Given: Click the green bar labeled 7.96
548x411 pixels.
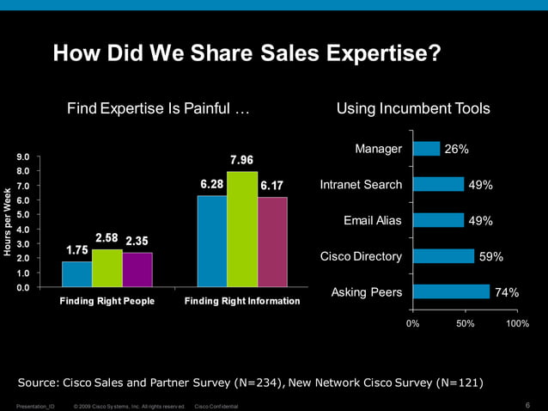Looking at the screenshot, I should pos(241,229).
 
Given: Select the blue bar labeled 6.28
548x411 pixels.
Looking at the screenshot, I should pos(211,241).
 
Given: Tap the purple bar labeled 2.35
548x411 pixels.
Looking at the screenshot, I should pos(137,269).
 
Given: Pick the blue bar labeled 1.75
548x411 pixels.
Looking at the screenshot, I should pos(76,273).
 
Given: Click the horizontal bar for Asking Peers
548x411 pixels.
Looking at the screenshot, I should pos(451,292).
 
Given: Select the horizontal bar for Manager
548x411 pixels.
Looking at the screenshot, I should pos(426,149).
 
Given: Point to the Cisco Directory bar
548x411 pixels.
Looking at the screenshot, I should pos(443,256).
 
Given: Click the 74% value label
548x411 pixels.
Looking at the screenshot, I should pos(507,293).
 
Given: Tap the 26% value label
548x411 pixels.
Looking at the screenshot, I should pos(456,150).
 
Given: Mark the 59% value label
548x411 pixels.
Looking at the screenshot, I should pos(491,257).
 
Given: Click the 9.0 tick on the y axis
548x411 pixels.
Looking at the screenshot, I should pos(22,157).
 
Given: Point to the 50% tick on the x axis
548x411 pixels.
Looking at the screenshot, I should pos(465,323).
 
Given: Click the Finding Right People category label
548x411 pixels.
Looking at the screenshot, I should pos(107,302).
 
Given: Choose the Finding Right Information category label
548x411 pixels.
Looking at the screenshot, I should pos(242,302).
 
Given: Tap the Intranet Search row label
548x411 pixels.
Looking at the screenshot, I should pos(361,185).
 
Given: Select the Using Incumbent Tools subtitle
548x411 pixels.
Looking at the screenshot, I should pos(413,109).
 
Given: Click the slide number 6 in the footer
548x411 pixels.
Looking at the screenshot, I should pos(526,405).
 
